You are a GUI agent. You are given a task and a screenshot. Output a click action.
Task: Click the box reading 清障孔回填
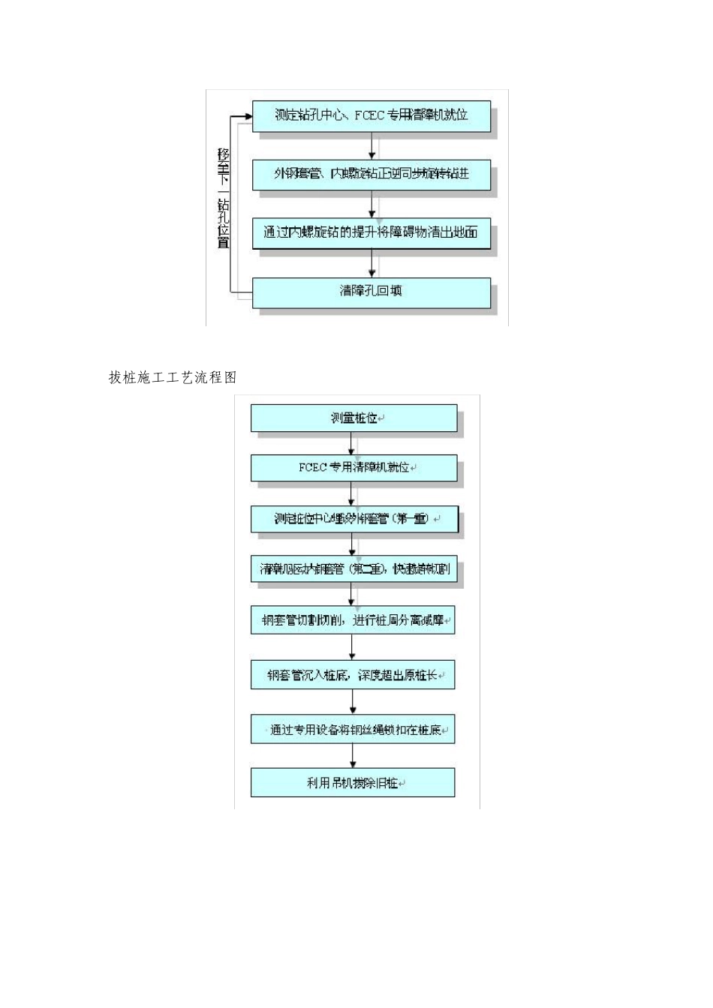[371, 292]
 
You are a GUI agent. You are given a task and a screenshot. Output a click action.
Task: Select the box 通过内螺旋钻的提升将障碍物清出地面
[371, 232]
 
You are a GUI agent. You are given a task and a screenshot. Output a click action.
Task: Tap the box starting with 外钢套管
[371, 174]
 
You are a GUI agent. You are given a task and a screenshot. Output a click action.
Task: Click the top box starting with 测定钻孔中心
[371, 115]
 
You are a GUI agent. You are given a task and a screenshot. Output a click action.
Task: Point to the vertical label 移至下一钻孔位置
[223, 198]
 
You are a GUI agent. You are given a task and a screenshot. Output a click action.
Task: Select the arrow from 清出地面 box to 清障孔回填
[372, 263]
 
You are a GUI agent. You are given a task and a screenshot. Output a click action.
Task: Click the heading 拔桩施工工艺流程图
[173, 377]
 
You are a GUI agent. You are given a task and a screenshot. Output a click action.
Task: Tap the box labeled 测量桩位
[353, 418]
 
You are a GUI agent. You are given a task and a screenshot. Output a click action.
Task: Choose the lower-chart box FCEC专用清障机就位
[353, 467]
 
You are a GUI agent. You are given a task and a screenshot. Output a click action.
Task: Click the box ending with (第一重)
[353, 519]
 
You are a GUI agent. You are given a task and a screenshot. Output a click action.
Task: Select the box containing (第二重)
[353, 569]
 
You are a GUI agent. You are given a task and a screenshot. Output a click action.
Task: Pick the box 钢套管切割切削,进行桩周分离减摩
[353, 620]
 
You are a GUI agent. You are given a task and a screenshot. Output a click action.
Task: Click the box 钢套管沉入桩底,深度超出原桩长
[353, 675]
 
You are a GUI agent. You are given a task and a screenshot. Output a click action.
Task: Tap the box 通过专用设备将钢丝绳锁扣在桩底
[353, 730]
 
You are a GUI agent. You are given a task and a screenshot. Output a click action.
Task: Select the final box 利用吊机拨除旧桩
[353, 783]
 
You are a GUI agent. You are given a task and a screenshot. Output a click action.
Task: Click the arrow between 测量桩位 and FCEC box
[351, 443]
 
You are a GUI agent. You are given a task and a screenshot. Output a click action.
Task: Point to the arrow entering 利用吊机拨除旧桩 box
[353, 756]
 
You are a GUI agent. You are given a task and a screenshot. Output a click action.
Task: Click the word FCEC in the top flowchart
[369, 115]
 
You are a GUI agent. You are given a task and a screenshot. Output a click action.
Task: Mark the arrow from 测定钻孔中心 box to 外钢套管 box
[372, 146]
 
